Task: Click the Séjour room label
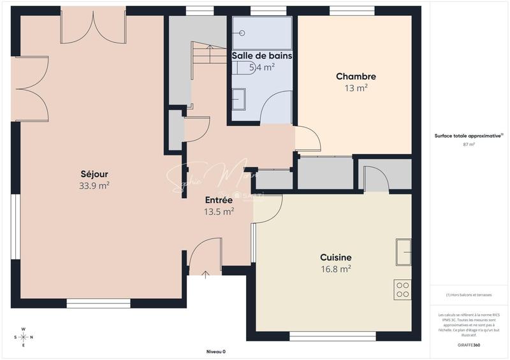(x=94, y=174)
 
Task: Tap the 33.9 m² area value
(x=94, y=186)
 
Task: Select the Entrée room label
(x=219, y=200)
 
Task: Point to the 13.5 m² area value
(x=219, y=212)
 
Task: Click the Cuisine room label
(x=335, y=257)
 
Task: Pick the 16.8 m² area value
(x=335, y=270)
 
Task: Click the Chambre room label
(x=356, y=76)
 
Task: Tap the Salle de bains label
(x=262, y=56)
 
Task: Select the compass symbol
(x=24, y=337)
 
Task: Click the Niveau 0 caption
(x=215, y=352)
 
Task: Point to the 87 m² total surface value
(x=469, y=145)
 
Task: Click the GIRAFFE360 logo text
(x=469, y=343)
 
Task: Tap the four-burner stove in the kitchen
(x=402, y=289)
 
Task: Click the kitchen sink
(x=403, y=252)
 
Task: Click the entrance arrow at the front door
(x=205, y=275)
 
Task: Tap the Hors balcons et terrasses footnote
(x=469, y=295)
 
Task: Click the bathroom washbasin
(x=239, y=99)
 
